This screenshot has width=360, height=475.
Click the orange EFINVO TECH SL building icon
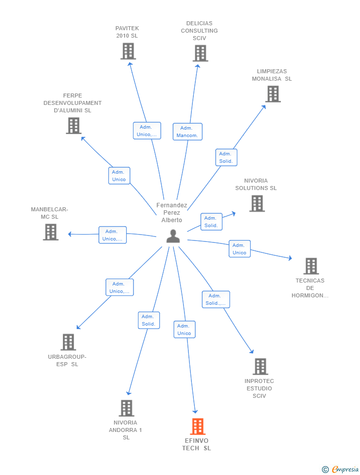pos(197,426)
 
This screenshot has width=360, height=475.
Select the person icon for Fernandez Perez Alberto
pos(173,236)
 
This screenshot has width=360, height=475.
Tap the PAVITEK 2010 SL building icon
pos(128,51)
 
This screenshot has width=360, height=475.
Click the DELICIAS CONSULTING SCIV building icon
pos(200,53)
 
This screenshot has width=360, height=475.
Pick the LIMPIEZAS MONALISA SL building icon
pos(272,94)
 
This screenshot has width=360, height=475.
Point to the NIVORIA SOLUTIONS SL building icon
pos(257,203)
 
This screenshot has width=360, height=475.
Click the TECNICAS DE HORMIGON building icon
pos(311,266)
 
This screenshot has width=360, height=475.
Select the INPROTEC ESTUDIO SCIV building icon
pos(260,367)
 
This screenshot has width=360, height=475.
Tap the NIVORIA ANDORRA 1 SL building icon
pos(126,408)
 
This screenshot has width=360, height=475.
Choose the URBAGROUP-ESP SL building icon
pos(68,342)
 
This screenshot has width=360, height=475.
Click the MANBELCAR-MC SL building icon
pos(50,232)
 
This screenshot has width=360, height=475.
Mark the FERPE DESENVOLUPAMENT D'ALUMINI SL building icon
pos(74,125)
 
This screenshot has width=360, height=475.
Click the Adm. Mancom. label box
pos(187,132)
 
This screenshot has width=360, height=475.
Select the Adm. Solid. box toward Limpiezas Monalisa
pos(226,157)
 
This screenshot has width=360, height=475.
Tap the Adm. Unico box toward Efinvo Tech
pos(184,330)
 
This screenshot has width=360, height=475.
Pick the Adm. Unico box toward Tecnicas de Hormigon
pos(239,249)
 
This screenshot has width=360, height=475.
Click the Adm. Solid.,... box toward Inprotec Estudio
pos(216,299)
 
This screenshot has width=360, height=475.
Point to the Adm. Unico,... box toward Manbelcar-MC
pos(112,235)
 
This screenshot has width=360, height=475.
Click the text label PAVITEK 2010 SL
pos(127,32)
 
